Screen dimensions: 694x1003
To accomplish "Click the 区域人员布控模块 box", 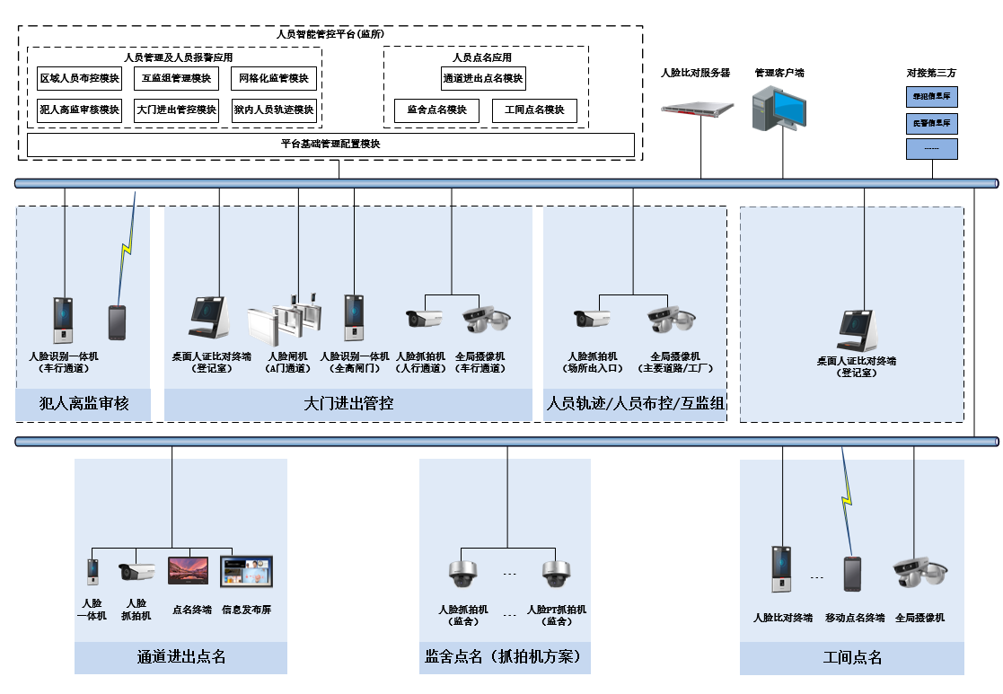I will (80, 79).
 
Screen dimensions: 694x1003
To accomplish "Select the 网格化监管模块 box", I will (273, 79).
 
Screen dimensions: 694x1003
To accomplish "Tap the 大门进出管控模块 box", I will (176, 110).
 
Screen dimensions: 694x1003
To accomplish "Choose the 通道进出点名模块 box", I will (483, 79).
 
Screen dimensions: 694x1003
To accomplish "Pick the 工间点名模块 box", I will (534, 110).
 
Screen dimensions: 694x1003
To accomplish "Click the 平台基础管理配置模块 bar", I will (330, 145).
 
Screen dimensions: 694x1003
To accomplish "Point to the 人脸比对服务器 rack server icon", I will (697, 109).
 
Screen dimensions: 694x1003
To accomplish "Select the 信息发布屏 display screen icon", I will (246, 572).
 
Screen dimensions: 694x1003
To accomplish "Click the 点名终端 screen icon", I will (188, 571).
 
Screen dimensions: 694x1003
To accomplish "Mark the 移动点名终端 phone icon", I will (851, 574).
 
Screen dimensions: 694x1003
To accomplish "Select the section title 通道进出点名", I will (180, 657).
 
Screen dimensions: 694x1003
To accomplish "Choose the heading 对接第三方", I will (930, 73).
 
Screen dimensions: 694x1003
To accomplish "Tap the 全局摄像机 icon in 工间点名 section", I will (919, 572).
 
